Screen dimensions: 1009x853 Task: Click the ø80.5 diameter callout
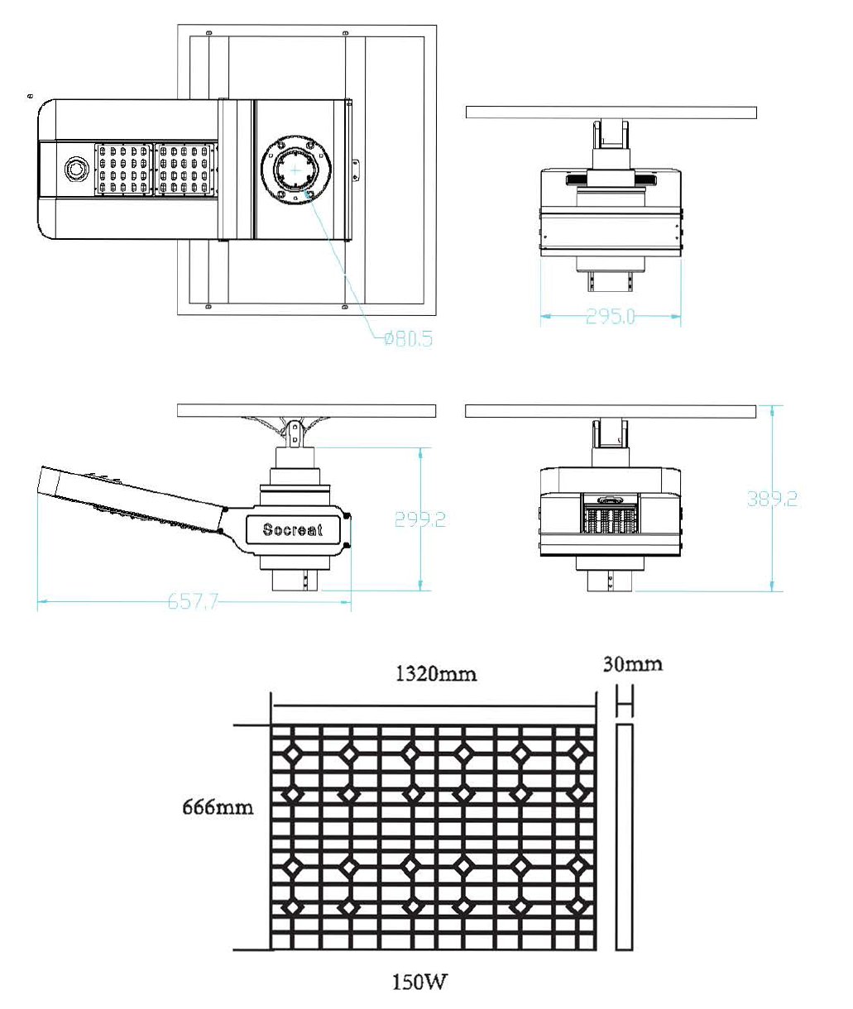click(x=408, y=338)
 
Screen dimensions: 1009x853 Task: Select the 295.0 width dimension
click(x=611, y=316)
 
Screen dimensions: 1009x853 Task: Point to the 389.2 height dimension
click(x=772, y=499)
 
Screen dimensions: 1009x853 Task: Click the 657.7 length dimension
click(x=193, y=601)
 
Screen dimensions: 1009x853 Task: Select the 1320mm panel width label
click(x=436, y=674)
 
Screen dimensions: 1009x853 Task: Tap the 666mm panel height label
click(x=218, y=806)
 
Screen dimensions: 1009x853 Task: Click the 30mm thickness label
click(x=632, y=664)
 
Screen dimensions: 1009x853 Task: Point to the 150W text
click(x=419, y=982)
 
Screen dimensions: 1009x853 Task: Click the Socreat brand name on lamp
click(x=293, y=529)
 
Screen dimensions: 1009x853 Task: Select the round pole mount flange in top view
click(x=296, y=170)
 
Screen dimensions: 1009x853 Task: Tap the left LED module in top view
click(x=123, y=170)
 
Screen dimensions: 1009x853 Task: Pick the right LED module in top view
click(x=185, y=170)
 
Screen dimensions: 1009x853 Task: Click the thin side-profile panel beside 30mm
click(x=625, y=837)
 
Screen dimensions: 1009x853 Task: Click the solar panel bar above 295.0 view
click(x=611, y=112)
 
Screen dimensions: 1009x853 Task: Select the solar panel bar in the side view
click(x=306, y=410)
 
